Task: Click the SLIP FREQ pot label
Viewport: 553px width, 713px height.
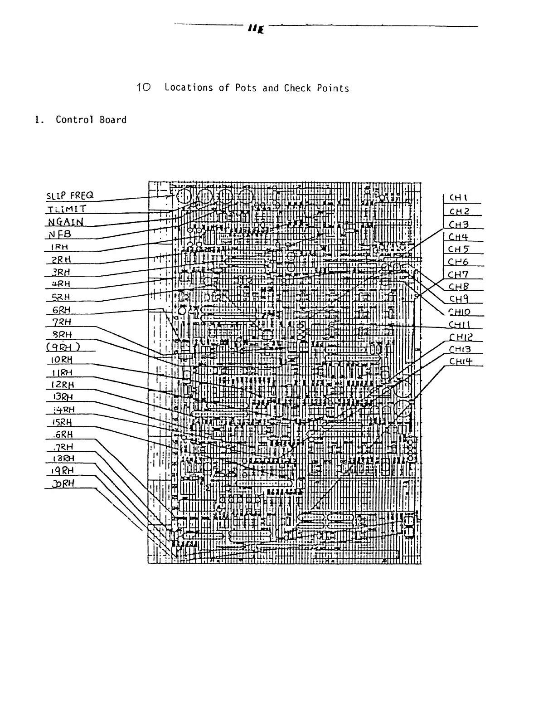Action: pyautogui.click(x=70, y=195)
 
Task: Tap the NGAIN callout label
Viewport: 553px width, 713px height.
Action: pyautogui.click(x=66, y=222)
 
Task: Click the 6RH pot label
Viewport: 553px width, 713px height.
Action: pyautogui.click(x=62, y=310)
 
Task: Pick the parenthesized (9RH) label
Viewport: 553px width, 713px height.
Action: pyautogui.click(x=63, y=347)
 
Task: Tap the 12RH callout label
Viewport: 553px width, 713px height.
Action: pyautogui.click(x=63, y=385)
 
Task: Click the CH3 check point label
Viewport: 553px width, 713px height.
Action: pyautogui.click(x=458, y=224)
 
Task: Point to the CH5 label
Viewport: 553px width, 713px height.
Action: pyautogui.click(x=458, y=249)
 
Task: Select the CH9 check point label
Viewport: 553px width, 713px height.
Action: pyautogui.click(x=459, y=299)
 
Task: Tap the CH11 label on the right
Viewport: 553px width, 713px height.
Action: pyautogui.click(x=460, y=324)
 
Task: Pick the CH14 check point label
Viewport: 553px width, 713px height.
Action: pyautogui.click(x=461, y=361)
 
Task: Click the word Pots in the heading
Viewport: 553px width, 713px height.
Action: pyautogui.click(x=246, y=88)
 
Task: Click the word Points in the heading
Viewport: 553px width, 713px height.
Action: pyautogui.click(x=333, y=88)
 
